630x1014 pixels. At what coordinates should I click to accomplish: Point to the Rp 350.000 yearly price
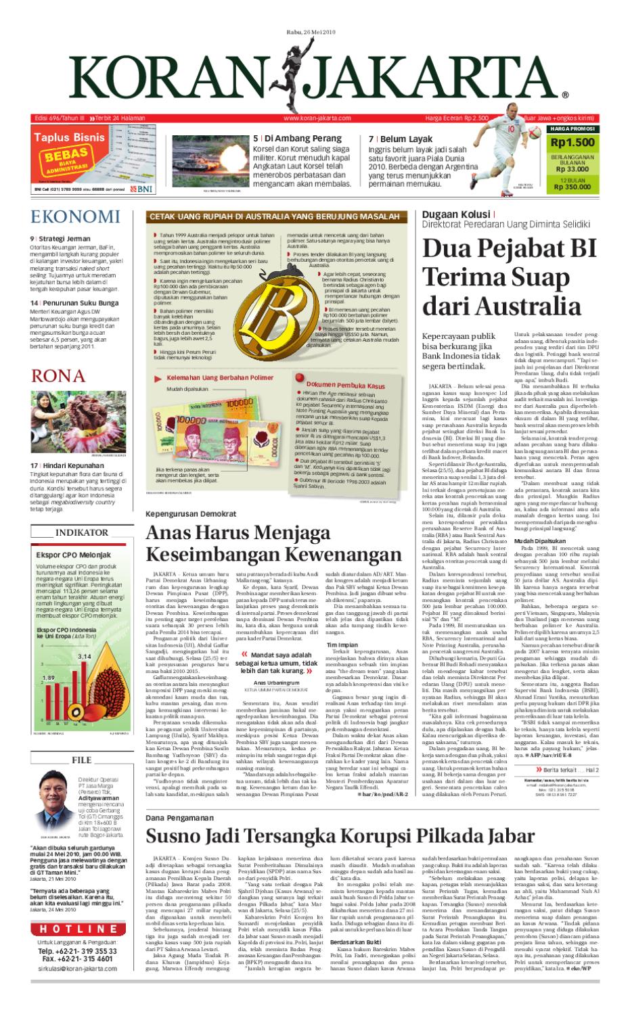[572, 187]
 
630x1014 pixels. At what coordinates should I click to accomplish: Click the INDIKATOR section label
[81, 513]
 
